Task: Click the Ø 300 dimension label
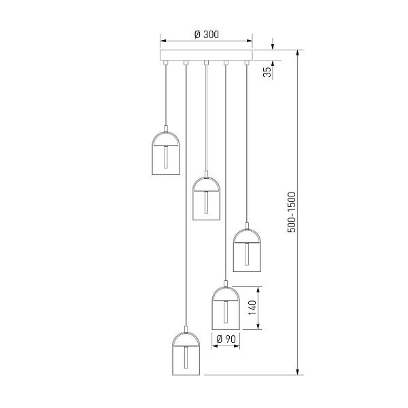click(x=207, y=35)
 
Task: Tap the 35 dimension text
click(x=267, y=72)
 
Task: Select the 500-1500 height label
click(x=292, y=212)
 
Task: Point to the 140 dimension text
click(x=252, y=307)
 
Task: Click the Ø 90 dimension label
click(x=226, y=339)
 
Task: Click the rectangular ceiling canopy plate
click(x=206, y=55)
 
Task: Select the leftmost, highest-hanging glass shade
click(x=166, y=153)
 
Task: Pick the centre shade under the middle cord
click(x=206, y=199)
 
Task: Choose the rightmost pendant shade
click(x=247, y=250)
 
